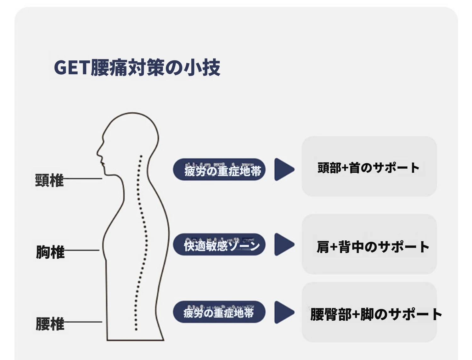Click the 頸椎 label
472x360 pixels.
tap(49, 180)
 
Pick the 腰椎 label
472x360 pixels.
tap(50, 324)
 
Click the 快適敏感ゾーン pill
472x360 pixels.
tap(219, 245)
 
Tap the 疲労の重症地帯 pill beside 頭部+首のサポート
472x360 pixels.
tap(219, 170)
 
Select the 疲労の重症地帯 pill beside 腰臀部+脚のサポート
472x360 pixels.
tap(219, 312)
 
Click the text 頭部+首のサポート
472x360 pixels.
tap(368, 168)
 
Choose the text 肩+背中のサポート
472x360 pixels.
tap(373, 247)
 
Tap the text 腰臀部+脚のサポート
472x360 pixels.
tap(376, 314)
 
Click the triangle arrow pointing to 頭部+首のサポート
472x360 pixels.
tap(284, 170)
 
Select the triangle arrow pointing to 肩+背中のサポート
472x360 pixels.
tap(284, 245)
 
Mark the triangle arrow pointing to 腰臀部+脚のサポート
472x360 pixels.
tap(284, 312)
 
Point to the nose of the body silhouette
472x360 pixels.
tap(98, 153)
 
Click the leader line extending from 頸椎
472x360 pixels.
tap(83, 179)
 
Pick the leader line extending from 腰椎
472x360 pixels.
tap(83, 322)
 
